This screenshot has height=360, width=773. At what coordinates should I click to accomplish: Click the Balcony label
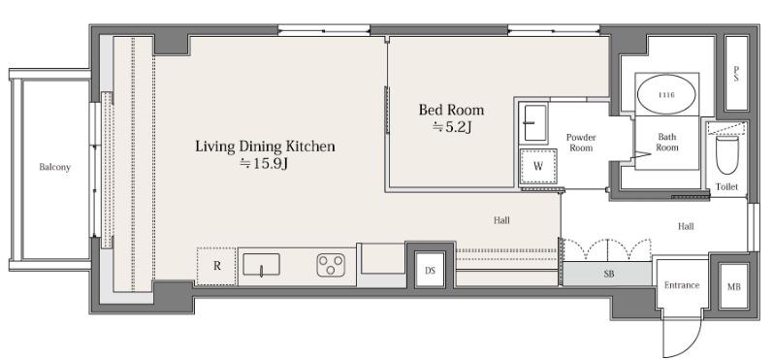coord(54,167)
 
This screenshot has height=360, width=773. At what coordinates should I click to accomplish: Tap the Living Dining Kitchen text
coord(265,147)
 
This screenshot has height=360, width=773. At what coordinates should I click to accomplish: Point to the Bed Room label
coord(451,110)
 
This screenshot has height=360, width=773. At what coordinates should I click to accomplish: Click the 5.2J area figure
coord(452,127)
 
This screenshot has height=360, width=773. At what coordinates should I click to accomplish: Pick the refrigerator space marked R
coord(216,266)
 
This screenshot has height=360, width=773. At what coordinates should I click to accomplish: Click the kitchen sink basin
coord(261,264)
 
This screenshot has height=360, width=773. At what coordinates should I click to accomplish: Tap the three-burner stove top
coord(331,265)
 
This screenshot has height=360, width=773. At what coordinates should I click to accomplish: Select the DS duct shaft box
coord(430,270)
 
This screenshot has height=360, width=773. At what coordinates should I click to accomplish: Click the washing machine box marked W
coord(538,166)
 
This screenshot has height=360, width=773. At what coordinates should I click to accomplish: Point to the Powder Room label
coord(580,143)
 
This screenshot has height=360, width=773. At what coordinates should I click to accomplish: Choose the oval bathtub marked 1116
coord(666,95)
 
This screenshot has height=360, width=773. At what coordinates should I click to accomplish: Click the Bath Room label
coord(666,142)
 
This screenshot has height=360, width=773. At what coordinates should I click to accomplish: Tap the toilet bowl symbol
coord(727,154)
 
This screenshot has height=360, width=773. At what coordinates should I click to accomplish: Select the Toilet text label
coord(727,187)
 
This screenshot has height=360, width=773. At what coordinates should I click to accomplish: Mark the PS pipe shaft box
coord(736,74)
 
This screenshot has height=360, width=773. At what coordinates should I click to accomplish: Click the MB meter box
coord(733,286)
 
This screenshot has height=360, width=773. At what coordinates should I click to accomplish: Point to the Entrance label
coord(682,285)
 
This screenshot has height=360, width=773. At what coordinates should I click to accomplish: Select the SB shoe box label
coord(609,274)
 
